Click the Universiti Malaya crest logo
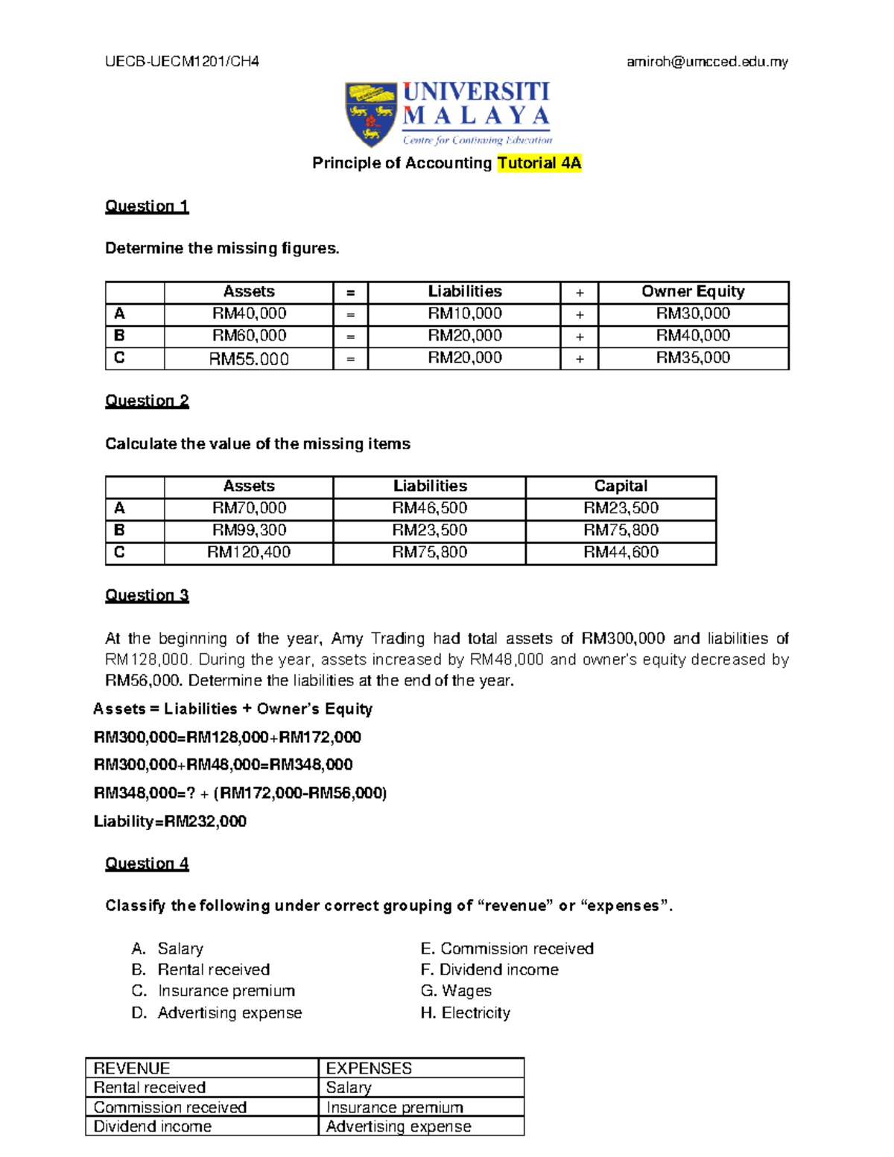(x=370, y=114)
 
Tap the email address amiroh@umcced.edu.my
(x=706, y=62)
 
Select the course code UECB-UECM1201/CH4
(x=182, y=62)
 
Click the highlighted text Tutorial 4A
(x=539, y=163)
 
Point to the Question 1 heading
(x=147, y=206)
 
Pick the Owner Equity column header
(x=693, y=292)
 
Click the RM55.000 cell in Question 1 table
(x=249, y=359)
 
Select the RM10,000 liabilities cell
(x=464, y=314)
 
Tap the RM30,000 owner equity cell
(x=693, y=314)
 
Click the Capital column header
(x=621, y=486)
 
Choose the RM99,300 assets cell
(x=249, y=530)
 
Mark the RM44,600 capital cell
(x=621, y=553)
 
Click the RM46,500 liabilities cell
(x=430, y=508)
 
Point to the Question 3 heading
(x=147, y=595)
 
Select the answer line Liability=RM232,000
(x=170, y=822)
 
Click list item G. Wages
(x=456, y=991)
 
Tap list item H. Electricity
(x=466, y=1013)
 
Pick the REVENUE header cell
(x=132, y=1068)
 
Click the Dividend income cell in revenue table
(x=153, y=1126)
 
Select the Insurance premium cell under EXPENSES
(x=395, y=1108)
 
